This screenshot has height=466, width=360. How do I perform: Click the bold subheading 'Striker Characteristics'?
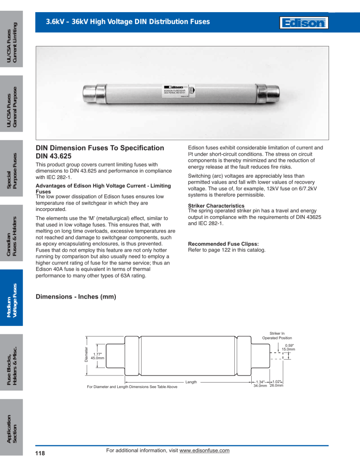click(216, 206)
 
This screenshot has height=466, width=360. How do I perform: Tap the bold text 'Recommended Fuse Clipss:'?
click(223, 244)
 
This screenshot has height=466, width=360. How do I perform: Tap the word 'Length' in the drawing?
click(191, 382)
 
